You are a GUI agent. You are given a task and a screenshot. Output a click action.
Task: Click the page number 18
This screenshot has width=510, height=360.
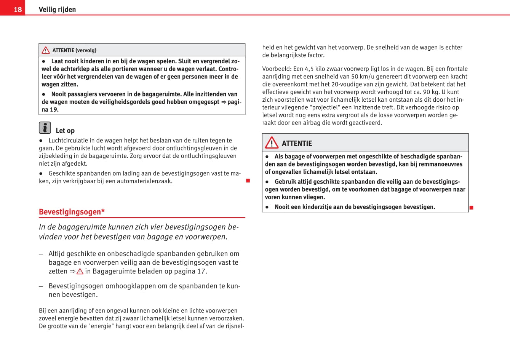(18, 9)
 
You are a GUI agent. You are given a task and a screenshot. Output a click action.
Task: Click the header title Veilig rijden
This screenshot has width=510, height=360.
(57, 10)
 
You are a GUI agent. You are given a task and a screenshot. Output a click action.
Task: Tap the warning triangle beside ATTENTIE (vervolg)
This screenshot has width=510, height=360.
(46, 50)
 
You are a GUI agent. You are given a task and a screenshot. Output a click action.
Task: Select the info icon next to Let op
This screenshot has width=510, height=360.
(45, 128)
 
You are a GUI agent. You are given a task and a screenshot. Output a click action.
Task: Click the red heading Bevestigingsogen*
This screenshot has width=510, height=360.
(72, 212)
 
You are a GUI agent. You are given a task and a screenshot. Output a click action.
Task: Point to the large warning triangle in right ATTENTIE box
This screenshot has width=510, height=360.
(272, 143)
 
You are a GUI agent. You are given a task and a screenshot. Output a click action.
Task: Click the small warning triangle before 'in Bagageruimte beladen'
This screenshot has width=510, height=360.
(80, 272)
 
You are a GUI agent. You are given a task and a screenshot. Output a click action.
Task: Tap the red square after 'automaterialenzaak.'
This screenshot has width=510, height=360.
(248, 181)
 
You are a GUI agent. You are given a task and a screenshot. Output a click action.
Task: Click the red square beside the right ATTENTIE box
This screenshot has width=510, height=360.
(471, 208)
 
